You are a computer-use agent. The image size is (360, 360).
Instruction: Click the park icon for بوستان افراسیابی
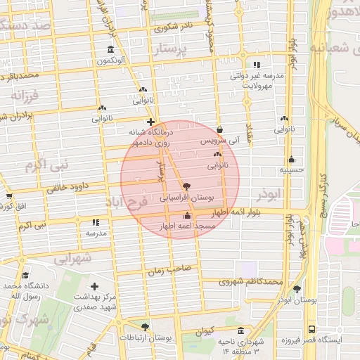[x=186, y=187]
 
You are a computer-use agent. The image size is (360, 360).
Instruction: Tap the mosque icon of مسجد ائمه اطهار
[x=186, y=217]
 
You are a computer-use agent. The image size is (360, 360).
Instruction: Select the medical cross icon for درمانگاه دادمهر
[x=150, y=122]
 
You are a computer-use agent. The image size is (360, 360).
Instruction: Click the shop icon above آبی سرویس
[x=221, y=130]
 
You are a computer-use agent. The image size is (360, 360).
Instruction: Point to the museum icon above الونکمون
[x=110, y=49]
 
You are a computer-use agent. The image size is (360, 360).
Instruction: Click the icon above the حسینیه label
[x=291, y=159]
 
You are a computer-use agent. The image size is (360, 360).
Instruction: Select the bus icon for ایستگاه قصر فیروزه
[x=311, y=329]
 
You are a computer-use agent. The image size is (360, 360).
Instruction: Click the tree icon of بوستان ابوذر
[x=297, y=288]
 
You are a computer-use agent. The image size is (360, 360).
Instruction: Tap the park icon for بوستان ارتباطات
[x=145, y=327]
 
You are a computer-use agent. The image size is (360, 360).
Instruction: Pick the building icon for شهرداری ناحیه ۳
[x=241, y=330]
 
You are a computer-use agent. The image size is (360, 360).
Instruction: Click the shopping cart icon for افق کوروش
[x=8, y=196]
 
